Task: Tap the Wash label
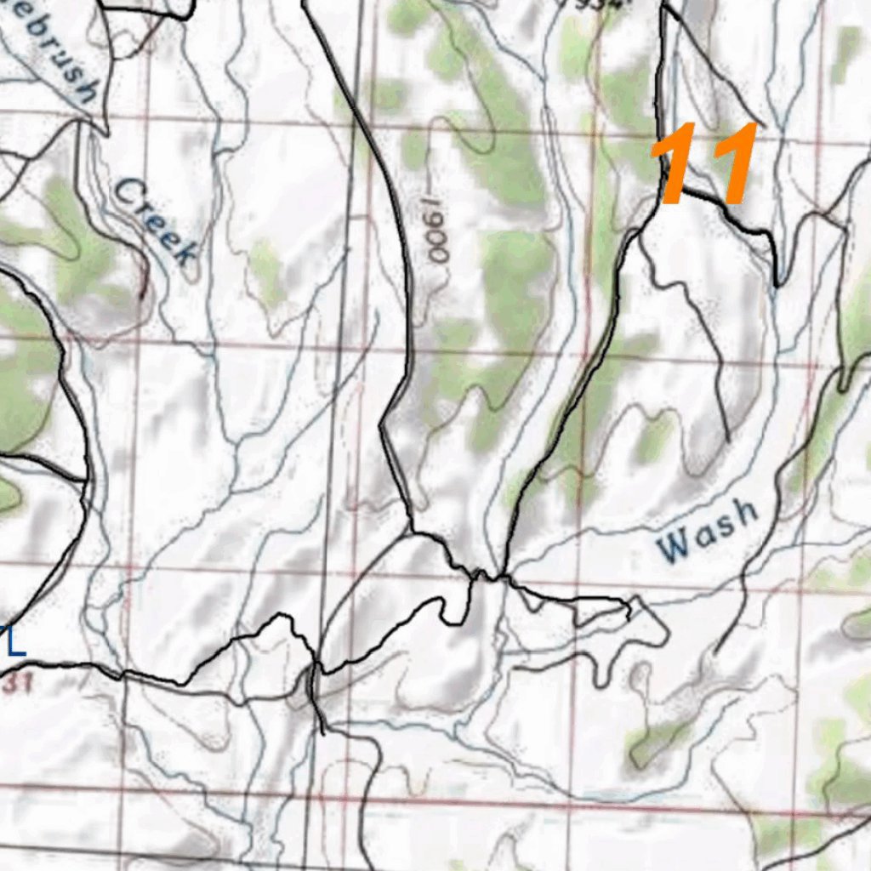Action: click(709, 531)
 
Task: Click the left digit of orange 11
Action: click(678, 164)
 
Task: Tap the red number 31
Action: click(14, 683)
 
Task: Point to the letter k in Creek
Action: click(182, 251)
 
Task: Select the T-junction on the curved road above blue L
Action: click(87, 481)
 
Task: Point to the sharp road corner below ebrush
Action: click(105, 132)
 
